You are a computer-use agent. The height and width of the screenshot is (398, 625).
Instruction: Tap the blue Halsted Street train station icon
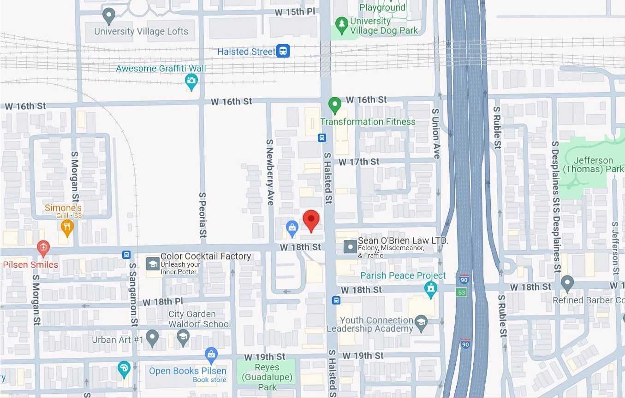click(x=283, y=51)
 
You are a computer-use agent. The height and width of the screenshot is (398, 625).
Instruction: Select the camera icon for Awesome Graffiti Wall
click(x=191, y=82)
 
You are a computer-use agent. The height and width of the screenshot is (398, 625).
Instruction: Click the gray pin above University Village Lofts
click(x=109, y=16)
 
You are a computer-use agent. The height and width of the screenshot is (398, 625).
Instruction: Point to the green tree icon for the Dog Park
click(x=341, y=25)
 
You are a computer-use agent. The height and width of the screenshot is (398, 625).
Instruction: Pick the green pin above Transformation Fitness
click(x=335, y=105)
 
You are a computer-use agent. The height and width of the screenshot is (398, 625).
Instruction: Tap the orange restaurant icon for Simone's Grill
click(x=67, y=226)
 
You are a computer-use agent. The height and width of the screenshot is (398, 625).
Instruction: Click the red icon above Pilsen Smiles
click(x=43, y=248)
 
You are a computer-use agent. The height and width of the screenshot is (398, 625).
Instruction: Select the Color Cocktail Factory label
click(x=205, y=257)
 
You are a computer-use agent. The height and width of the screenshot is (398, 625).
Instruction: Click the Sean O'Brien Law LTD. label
click(x=403, y=241)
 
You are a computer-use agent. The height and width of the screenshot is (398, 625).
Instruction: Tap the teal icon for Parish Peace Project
click(x=431, y=289)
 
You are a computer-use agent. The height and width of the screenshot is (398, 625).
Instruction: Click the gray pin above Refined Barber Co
click(x=567, y=282)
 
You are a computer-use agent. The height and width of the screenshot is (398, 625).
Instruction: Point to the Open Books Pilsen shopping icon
click(x=211, y=354)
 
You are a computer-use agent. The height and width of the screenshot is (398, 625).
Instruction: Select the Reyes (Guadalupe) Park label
click(x=267, y=377)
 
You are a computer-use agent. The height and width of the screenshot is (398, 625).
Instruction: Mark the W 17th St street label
click(x=359, y=162)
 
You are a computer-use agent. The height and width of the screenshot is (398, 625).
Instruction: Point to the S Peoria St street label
click(x=202, y=215)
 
